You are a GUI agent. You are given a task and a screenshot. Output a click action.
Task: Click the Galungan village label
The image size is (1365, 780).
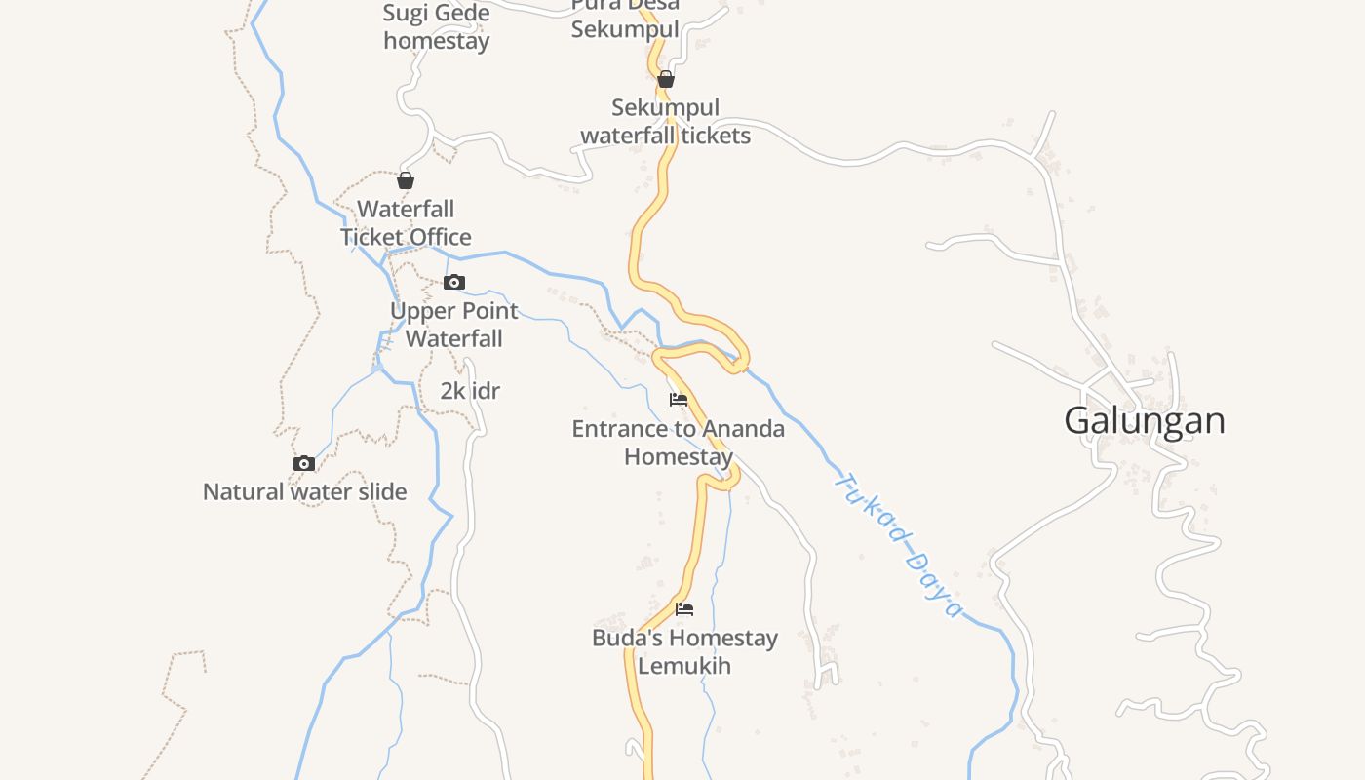point(1145,421)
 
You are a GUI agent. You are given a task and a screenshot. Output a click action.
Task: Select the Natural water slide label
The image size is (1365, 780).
point(304,491)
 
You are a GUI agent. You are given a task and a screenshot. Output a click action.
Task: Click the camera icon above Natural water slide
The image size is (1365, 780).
point(304,464)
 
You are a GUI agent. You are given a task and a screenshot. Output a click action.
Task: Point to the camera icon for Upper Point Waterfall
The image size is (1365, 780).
point(454,283)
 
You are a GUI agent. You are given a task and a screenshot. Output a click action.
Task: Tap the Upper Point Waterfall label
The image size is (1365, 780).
point(454,325)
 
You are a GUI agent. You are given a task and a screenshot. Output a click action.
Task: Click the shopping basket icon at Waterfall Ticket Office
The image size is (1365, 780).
point(406,180)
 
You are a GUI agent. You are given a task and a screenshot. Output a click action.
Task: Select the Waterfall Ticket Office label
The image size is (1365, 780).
point(406,223)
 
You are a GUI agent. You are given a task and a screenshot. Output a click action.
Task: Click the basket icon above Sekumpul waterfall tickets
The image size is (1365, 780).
point(666,79)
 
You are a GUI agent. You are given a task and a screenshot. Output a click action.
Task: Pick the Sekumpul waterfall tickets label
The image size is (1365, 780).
point(666,122)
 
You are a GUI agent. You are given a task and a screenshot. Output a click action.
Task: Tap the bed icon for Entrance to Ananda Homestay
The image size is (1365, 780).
point(679,400)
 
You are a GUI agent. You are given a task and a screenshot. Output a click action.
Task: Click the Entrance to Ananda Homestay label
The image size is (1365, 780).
point(679,443)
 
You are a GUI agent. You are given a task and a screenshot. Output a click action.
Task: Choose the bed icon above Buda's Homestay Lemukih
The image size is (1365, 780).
point(684,609)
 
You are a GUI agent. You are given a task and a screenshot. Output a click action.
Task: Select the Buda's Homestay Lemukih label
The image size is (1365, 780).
point(684,652)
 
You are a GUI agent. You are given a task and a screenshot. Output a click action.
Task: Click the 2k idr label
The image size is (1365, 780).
point(470,391)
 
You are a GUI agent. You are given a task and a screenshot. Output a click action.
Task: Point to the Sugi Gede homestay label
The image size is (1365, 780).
point(437,26)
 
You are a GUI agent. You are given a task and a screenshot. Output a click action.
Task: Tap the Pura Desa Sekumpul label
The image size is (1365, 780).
point(625,18)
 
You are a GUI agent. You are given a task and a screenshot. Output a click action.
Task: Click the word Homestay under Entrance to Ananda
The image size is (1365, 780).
point(679,456)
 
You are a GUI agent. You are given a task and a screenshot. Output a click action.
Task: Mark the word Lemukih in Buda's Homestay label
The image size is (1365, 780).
point(684,666)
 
